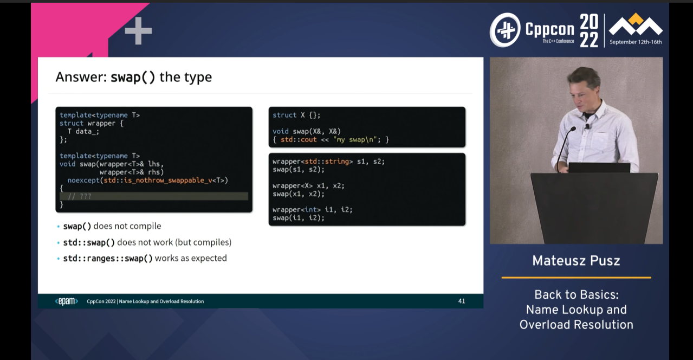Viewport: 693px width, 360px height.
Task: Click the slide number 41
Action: click(x=462, y=301)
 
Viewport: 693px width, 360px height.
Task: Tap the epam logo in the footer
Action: click(x=67, y=301)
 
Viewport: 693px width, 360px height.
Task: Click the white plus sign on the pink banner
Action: click(x=138, y=31)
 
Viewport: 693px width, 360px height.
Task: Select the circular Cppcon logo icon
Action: click(x=506, y=30)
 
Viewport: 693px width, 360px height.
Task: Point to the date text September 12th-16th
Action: click(x=636, y=42)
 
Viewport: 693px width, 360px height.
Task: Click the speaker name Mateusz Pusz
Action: click(x=576, y=261)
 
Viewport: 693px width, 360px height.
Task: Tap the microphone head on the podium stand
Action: click(x=573, y=129)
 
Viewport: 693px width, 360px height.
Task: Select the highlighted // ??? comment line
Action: click(x=154, y=196)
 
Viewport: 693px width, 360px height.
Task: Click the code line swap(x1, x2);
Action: click(x=299, y=194)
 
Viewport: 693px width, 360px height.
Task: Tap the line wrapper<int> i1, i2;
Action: click(x=313, y=210)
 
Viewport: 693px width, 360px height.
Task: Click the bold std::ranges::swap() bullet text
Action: click(x=108, y=259)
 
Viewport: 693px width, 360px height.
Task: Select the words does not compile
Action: click(x=127, y=226)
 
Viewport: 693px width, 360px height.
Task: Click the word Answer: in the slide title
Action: click(x=81, y=77)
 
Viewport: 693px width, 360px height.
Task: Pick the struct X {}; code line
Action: click(x=296, y=115)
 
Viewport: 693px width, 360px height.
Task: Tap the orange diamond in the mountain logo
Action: click(x=636, y=19)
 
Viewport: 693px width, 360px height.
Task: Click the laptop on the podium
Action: click(x=599, y=168)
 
